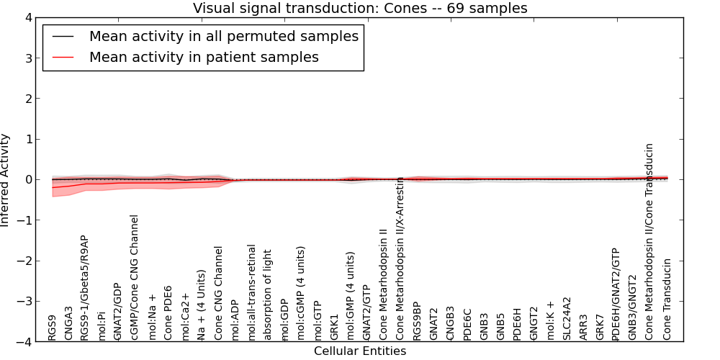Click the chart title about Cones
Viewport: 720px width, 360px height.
pos(360,8)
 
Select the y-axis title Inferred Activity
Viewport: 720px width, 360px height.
pos(6,180)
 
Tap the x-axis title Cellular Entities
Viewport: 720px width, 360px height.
pos(360,351)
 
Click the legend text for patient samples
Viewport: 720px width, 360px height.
pos(204,57)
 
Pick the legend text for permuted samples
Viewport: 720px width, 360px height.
pos(224,36)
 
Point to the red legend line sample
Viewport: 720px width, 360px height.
pos(63,57)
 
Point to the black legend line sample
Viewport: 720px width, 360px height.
pos(63,36)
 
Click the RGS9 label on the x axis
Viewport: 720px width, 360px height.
pos(52,328)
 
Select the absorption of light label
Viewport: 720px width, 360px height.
pos(268,294)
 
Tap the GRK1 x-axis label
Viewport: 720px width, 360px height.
pos(334,327)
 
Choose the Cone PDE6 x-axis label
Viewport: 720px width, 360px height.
pos(168,313)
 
